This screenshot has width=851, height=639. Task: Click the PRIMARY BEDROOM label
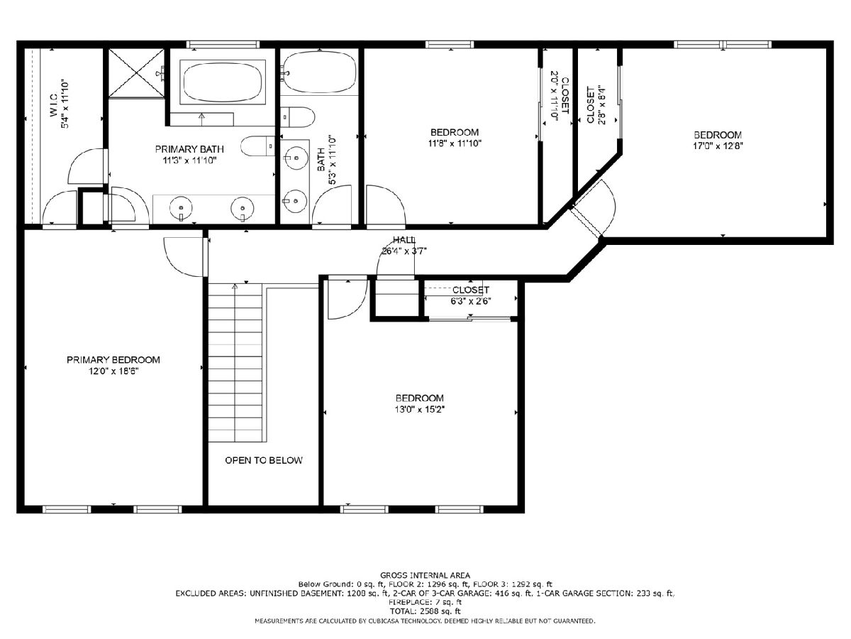113,360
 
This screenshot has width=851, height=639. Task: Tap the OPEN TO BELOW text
264,460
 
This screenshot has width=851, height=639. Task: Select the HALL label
404,240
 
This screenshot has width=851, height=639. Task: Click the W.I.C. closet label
53,105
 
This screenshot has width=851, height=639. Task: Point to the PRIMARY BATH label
189,149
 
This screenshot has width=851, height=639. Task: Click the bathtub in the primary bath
223,82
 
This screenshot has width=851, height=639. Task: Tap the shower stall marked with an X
136,73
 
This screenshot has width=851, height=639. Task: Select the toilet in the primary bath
257,146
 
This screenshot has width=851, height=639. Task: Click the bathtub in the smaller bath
318,72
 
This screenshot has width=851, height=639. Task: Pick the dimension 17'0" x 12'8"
718,146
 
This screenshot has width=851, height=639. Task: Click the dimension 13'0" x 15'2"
419,410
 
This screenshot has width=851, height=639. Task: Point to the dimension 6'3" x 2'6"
470,301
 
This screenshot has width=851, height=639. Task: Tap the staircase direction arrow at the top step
235,286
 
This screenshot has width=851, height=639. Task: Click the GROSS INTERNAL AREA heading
425,575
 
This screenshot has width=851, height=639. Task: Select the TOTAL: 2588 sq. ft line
425,611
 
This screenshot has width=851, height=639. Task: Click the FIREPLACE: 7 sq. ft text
425,602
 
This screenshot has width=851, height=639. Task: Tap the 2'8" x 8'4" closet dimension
601,105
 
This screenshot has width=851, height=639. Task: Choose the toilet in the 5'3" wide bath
298,117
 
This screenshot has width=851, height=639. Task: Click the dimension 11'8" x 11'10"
455,143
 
